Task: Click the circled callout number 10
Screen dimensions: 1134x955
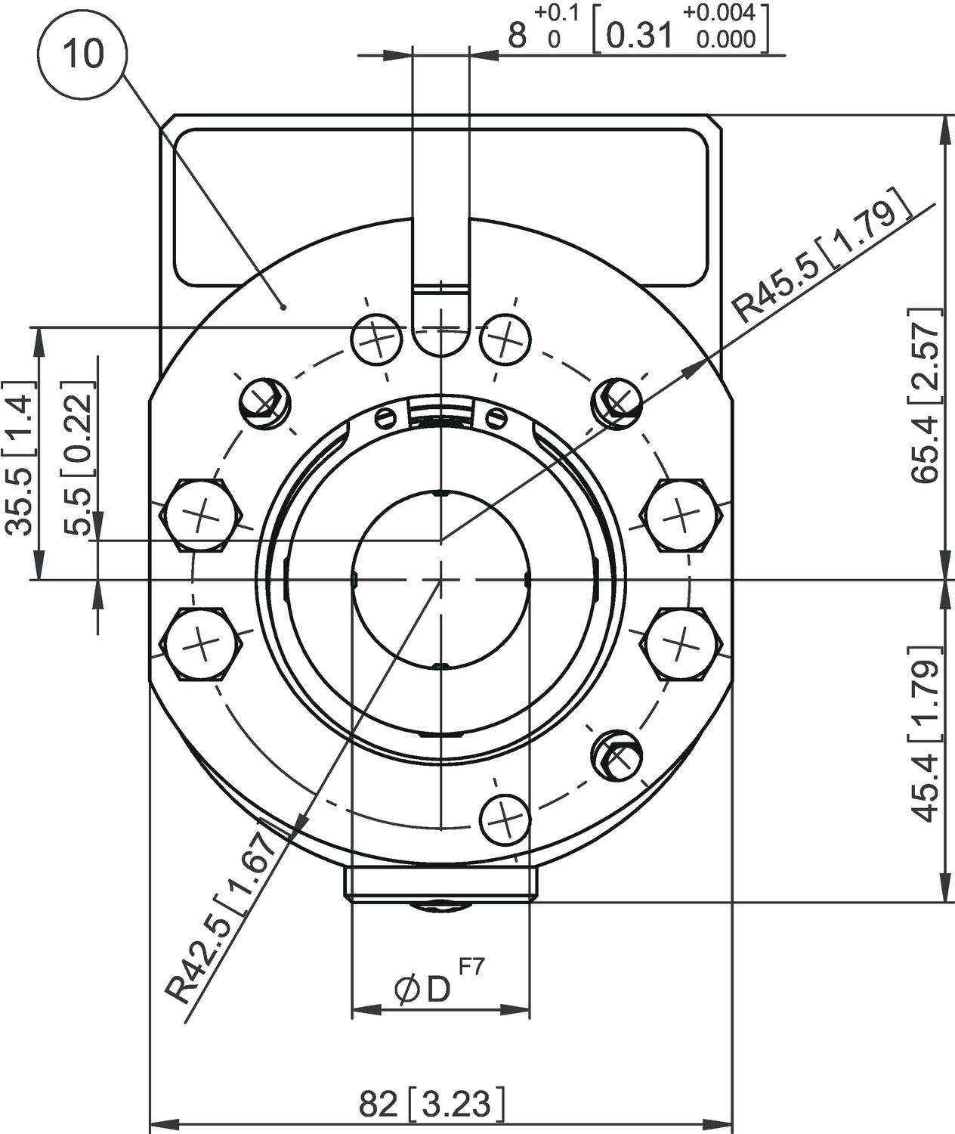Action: click(x=83, y=54)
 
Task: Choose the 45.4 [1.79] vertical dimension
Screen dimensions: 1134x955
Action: click(x=925, y=733)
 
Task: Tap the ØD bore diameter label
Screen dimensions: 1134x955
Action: click(x=422, y=989)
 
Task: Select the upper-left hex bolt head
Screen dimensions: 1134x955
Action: click(x=201, y=517)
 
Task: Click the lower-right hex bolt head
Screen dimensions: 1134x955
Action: click(x=681, y=643)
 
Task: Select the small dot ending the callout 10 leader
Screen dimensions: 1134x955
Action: click(x=283, y=306)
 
